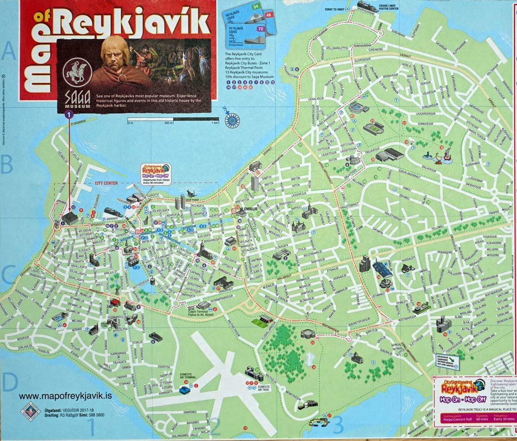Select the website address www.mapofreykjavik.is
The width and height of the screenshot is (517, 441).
[65, 396]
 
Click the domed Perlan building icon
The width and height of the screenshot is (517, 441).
[307, 333]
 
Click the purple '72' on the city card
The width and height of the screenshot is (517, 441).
[260, 29]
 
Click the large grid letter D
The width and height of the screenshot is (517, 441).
[10, 381]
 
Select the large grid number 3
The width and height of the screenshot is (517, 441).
[338, 424]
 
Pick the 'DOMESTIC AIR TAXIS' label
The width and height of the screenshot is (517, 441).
[264, 388]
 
